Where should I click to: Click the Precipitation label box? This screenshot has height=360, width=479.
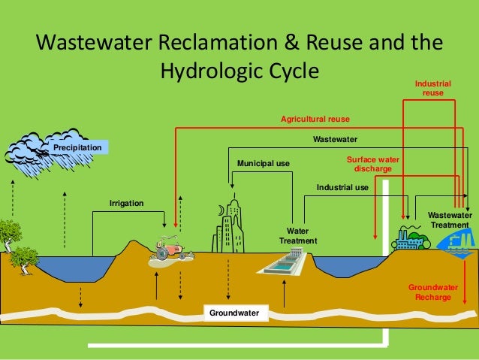(77, 148)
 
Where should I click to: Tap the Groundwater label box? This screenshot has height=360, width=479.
(234, 312)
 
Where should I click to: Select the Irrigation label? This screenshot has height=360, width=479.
(126, 204)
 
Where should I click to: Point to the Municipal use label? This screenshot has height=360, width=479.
(263, 163)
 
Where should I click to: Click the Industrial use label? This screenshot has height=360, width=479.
(342, 187)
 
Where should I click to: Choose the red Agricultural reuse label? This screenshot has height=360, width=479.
(315, 119)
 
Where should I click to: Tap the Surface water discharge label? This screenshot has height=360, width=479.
(372, 164)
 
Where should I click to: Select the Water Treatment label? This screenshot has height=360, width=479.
(298, 235)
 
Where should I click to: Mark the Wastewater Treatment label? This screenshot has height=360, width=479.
(450, 220)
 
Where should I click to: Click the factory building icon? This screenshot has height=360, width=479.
(410, 238)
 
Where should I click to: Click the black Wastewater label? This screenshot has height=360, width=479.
(335, 139)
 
